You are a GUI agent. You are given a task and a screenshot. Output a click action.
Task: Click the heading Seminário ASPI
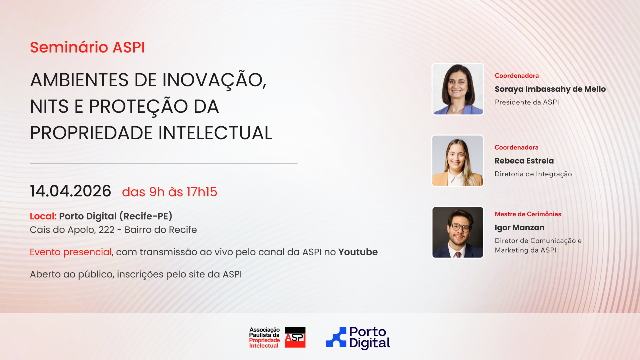tap(87, 47)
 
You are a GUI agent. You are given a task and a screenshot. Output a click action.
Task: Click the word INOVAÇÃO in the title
tap(214, 80)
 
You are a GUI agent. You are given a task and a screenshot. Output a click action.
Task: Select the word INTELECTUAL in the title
tap(215, 133)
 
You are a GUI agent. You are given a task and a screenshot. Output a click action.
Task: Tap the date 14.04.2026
tap(70, 191)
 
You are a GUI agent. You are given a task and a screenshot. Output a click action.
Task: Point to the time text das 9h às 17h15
tap(169, 192)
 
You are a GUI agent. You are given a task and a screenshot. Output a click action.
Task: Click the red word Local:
tap(43, 216)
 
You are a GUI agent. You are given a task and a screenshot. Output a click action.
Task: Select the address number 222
tap(107, 230)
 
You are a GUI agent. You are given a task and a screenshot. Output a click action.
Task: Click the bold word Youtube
tap(358, 252)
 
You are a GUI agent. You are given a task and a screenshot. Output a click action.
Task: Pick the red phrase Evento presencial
tap(71, 252)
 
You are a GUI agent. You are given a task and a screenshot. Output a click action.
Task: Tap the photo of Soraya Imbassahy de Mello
tap(458, 89)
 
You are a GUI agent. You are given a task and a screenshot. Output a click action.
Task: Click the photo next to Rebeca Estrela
tap(458, 161)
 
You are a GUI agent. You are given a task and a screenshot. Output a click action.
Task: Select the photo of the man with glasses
tap(458, 232)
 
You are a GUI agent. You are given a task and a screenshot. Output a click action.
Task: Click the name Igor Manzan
tap(519, 227)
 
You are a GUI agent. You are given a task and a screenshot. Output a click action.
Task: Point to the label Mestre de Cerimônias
tap(528, 214)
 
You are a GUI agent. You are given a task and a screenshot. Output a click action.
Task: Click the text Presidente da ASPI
tap(527, 102)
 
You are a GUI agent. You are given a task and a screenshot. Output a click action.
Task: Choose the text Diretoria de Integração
tap(533, 174)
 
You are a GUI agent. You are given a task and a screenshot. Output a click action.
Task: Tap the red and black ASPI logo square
tap(295, 337)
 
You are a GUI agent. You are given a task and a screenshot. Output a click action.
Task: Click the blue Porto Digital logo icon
tap(336, 337)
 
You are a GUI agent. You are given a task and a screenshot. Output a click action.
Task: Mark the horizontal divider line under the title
tap(164, 163)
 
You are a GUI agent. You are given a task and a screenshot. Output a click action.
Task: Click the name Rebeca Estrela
tap(524, 161)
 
